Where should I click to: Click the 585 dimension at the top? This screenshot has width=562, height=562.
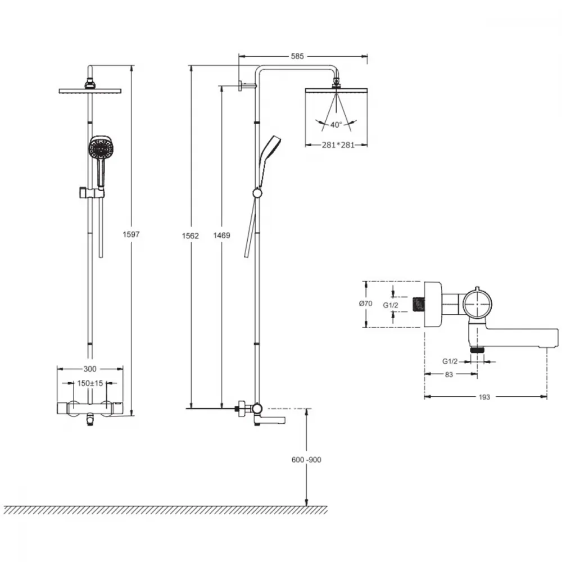pyautogui.click(x=297, y=56)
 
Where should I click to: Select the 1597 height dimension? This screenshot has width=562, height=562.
pyautogui.click(x=131, y=234)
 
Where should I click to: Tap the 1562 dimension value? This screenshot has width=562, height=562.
pyautogui.click(x=191, y=236)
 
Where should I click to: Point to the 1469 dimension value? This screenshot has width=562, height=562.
pyautogui.click(x=221, y=235)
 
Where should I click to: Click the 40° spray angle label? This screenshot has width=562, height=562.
pyautogui.click(x=336, y=125)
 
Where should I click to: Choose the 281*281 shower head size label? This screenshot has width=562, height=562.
pyautogui.click(x=338, y=145)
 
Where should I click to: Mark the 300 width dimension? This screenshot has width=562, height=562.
pyautogui.click(x=90, y=369)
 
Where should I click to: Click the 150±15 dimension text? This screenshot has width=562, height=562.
pyautogui.click(x=90, y=383)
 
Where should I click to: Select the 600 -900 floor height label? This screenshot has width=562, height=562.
pyautogui.click(x=306, y=460)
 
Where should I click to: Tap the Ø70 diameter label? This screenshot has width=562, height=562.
pyautogui.click(x=366, y=303)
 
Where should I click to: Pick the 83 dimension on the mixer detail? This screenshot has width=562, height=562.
pyautogui.click(x=448, y=375)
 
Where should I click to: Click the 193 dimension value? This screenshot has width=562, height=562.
pyautogui.click(x=484, y=397)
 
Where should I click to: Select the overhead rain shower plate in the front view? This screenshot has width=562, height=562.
pyautogui.click(x=90, y=91)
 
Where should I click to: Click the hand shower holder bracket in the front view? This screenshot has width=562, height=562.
pyautogui.click(x=91, y=192)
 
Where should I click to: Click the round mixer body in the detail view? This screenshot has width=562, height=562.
pyautogui.click(x=477, y=303)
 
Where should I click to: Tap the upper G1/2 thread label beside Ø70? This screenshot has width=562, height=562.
pyautogui.click(x=391, y=305)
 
